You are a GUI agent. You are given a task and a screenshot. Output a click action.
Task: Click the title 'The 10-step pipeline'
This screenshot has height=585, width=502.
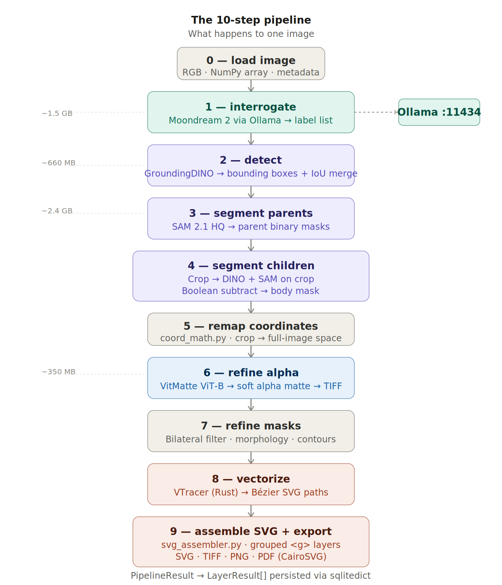coord(251,20)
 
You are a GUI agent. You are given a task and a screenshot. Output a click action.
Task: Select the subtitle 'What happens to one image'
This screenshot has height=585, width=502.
coord(251,34)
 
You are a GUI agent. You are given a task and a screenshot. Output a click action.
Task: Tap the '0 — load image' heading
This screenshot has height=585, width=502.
coord(251,60)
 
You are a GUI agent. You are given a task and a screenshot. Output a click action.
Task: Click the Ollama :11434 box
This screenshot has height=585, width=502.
coord(439,112)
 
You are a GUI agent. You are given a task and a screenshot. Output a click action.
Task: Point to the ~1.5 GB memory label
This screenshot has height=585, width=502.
coord(57,113)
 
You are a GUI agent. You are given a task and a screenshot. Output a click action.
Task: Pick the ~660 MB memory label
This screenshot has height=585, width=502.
coord(58,163)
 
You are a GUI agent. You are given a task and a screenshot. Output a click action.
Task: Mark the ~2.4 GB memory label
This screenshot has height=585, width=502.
coord(57,211)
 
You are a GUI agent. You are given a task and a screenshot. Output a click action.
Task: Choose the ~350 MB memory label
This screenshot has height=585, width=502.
coord(58,372)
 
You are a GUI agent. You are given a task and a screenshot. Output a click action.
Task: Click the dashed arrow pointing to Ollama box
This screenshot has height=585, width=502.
coord(376,112)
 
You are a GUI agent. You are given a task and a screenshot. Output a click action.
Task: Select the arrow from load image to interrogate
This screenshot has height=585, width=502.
coord(251,86)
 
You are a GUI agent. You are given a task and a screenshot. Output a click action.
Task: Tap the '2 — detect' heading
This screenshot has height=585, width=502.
coord(251,160)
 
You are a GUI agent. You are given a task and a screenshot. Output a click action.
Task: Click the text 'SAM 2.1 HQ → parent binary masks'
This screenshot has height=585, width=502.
coord(251,227)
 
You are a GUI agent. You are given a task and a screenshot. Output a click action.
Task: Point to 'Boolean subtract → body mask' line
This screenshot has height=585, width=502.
coord(251,291)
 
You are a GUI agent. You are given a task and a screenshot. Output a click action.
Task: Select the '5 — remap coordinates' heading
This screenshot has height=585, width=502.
coord(251,326)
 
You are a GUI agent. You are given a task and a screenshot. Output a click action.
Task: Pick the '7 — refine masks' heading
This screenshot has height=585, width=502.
coord(251,426)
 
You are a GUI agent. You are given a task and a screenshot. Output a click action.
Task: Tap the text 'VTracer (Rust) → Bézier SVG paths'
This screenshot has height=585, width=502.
coord(251,492)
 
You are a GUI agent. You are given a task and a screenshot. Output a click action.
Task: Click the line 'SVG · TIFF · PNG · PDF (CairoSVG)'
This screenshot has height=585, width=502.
coord(251,557)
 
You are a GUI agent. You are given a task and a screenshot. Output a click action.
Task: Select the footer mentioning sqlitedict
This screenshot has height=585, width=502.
coord(251,576)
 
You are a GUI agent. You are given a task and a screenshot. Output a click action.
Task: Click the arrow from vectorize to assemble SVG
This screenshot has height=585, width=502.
coord(251,511)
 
